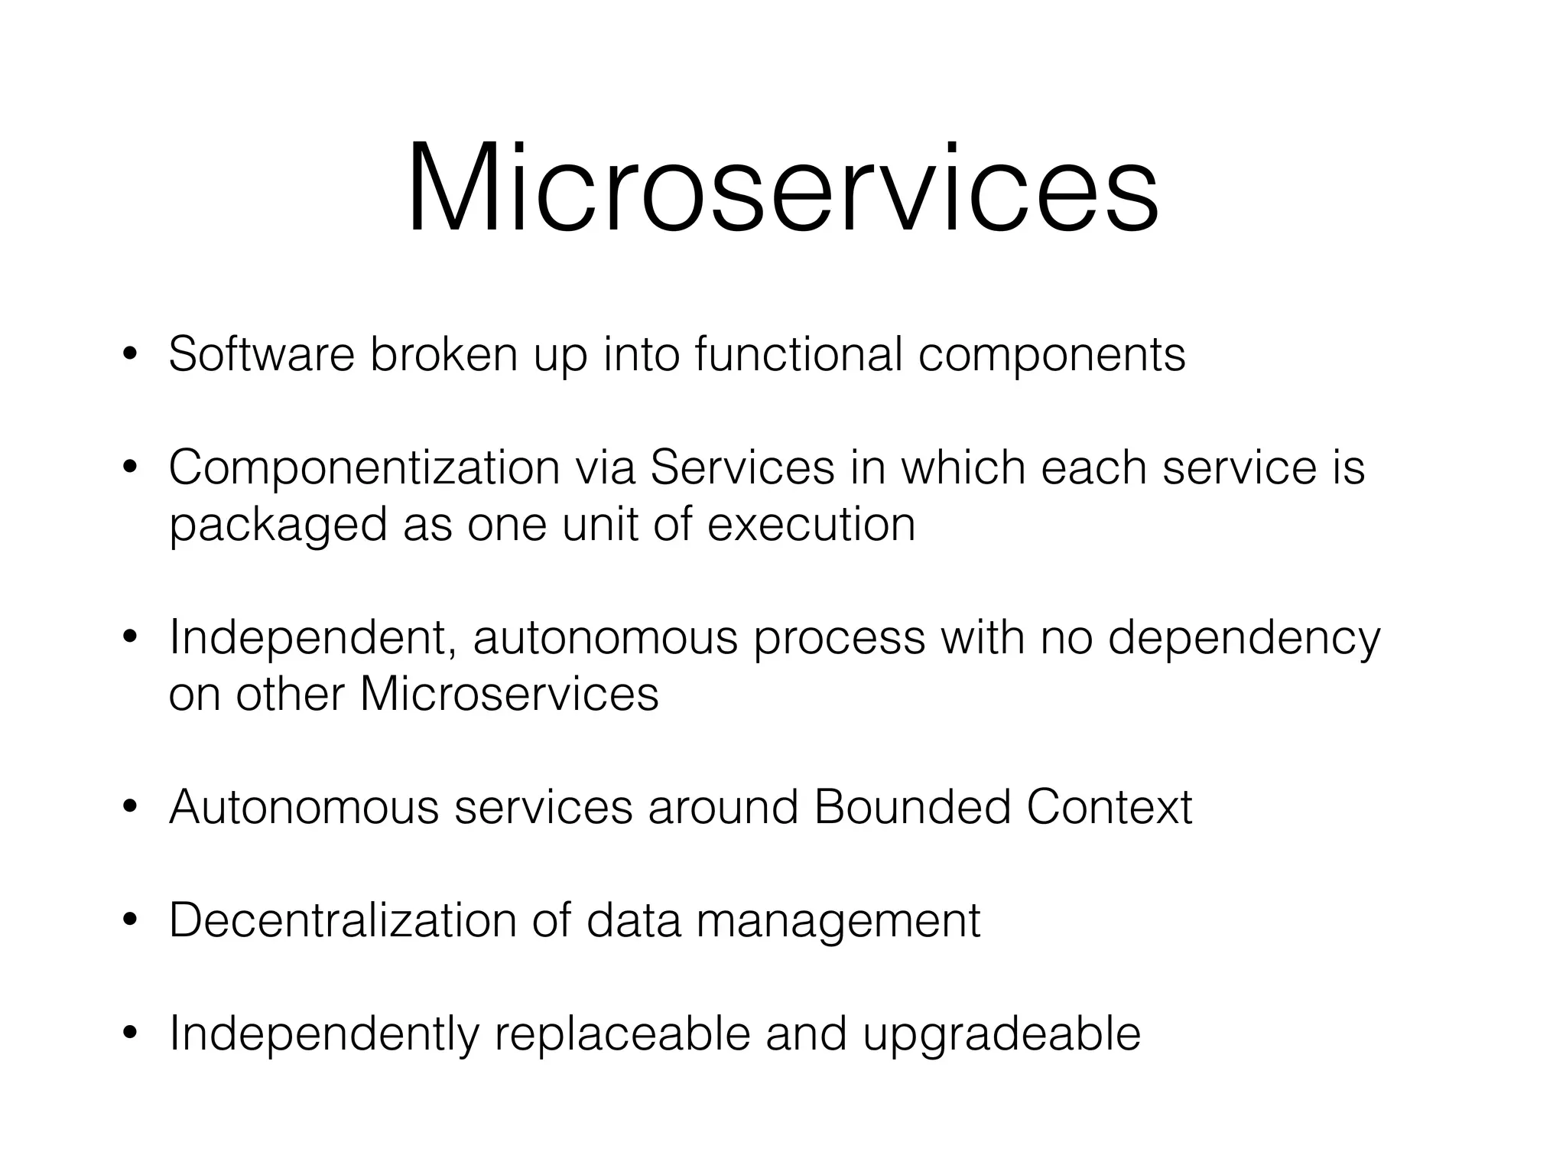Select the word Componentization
coord(364,468)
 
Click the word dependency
coord(1244,639)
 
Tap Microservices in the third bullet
coord(508,694)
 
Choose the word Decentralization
coord(343,919)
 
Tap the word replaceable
coord(622,1034)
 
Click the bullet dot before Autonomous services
coord(129,808)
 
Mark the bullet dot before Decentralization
coord(129,921)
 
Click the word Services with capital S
coord(742,468)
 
